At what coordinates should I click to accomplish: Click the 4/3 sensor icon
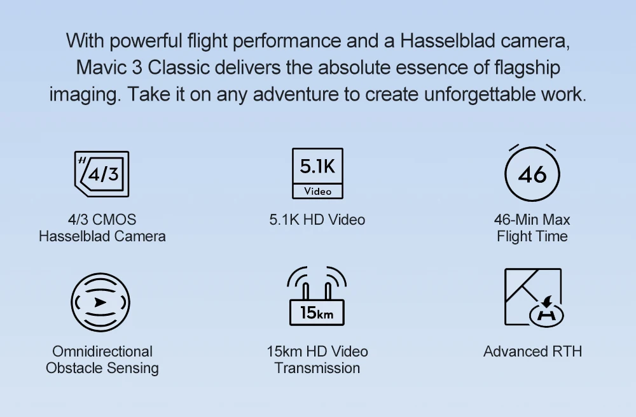pos(102,174)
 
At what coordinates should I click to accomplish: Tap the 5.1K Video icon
pos(317,173)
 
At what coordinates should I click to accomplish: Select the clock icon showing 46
pos(532,173)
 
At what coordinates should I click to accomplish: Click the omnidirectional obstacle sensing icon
pos(100,302)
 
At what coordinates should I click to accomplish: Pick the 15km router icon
pos(317,296)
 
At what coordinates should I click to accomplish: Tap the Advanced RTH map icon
pos(534,297)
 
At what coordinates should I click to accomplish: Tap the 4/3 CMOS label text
pos(102,220)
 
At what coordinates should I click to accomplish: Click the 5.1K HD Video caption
pos(317,220)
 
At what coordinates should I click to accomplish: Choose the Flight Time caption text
pos(532,236)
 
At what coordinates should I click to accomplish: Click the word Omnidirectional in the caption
pos(102,351)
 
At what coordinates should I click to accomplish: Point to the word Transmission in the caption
pos(317,368)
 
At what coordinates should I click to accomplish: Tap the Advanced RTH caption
pos(532,351)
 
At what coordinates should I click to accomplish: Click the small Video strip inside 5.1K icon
pos(317,191)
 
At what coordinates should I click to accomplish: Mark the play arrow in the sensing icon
pos(100,302)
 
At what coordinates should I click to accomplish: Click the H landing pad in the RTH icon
pos(547,315)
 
